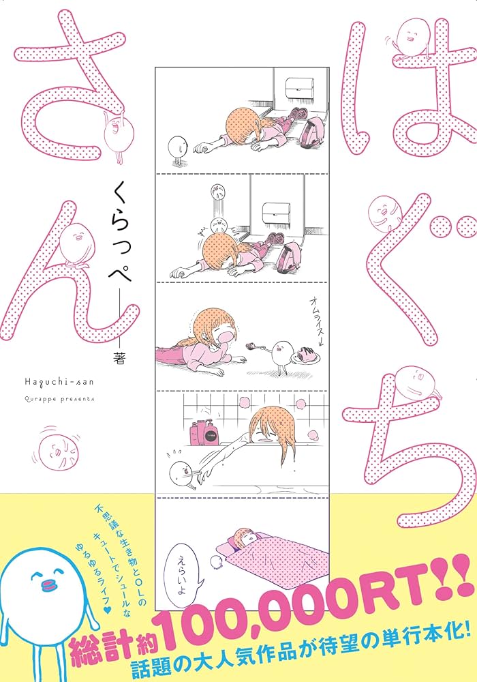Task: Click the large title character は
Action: pos(402,95)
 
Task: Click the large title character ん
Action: pos(72,273)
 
